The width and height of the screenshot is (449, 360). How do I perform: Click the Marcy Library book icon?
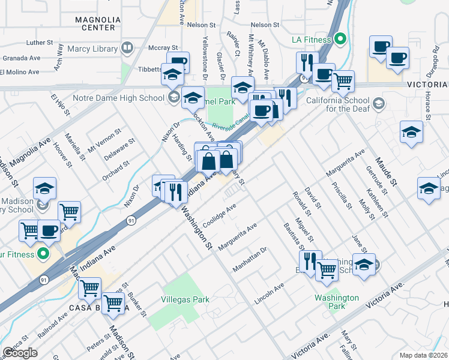click(127, 47)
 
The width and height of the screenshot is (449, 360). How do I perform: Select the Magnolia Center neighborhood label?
click(95, 23)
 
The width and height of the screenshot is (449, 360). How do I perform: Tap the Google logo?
click(20, 353)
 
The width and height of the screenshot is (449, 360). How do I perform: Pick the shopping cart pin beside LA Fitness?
click(343, 81)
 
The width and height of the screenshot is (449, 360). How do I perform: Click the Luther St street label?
click(40, 43)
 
